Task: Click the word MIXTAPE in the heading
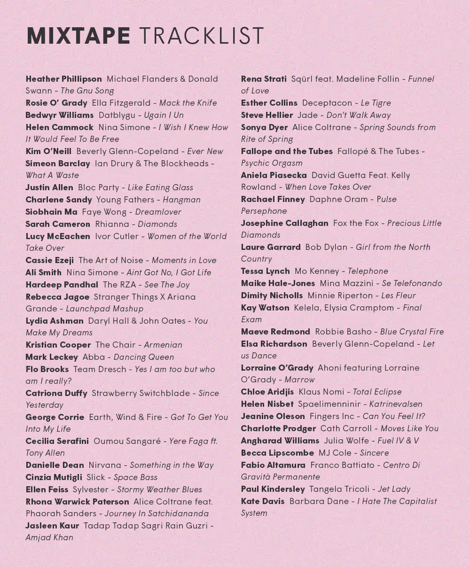click(x=78, y=37)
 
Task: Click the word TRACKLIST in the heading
click(x=202, y=37)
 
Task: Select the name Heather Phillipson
click(x=63, y=79)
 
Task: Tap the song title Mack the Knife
click(x=188, y=103)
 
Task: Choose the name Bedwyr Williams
click(x=60, y=115)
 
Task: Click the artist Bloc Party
click(x=99, y=187)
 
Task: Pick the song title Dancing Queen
click(x=144, y=357)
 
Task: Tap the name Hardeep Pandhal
click(x=62, y=285)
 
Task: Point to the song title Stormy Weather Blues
click(x=159, y=489)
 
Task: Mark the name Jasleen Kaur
click(x=52, y=526)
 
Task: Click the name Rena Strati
click(x=264, y=79)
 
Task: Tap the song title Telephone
click(x=368, y=271)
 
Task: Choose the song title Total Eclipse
click(x=377, y=392)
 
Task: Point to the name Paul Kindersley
click(x=273, y=489)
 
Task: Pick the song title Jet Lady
click(x=394, y=489)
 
